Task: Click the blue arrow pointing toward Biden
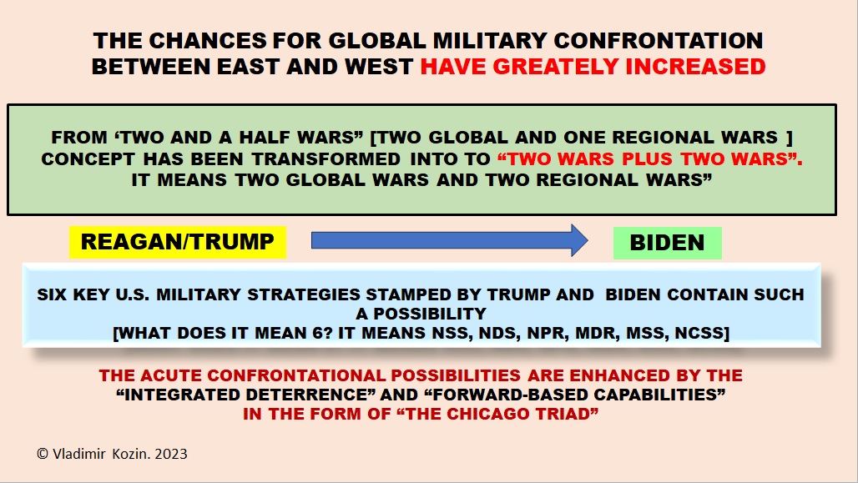450,240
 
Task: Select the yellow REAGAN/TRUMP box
177,242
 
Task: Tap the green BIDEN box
667,243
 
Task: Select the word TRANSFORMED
326,159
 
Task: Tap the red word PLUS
646,159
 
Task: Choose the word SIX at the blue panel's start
53,294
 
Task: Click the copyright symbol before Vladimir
43,454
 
